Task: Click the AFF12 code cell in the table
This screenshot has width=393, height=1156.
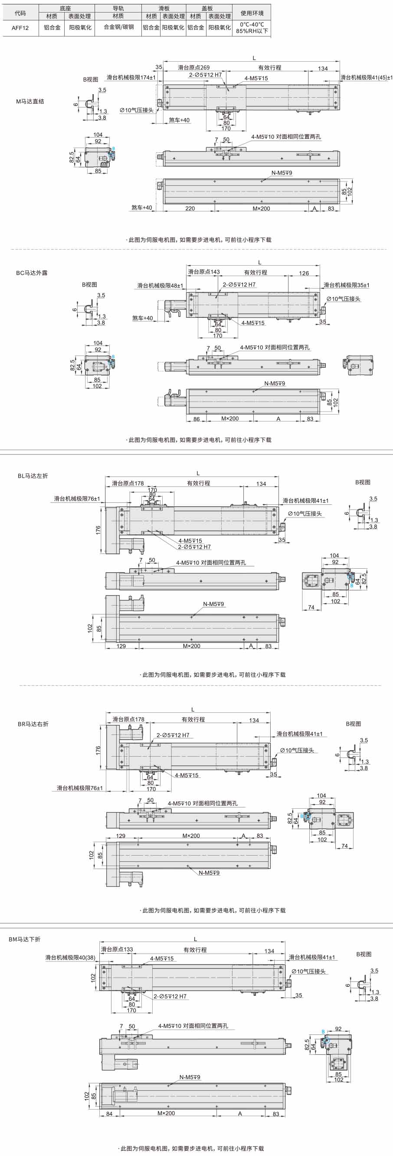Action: (x=20, y=28)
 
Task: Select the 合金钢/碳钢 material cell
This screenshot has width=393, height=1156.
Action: (x=119, y=27)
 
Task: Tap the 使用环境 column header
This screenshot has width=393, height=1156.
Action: (x=252, y=13)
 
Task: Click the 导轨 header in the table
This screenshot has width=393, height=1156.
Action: (x=118, y=8)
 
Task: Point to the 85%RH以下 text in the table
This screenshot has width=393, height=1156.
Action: (x=252, y=31)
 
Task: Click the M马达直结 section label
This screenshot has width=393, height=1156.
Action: (x=30, y=102)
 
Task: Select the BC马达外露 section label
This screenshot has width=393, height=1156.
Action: (x=32, y=273)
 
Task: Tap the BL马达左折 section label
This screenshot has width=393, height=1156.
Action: (x=33, y=476)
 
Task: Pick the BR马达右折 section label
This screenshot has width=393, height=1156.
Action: (x=33, y=724)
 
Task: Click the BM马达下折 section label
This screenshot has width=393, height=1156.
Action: (x=25, y=939)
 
